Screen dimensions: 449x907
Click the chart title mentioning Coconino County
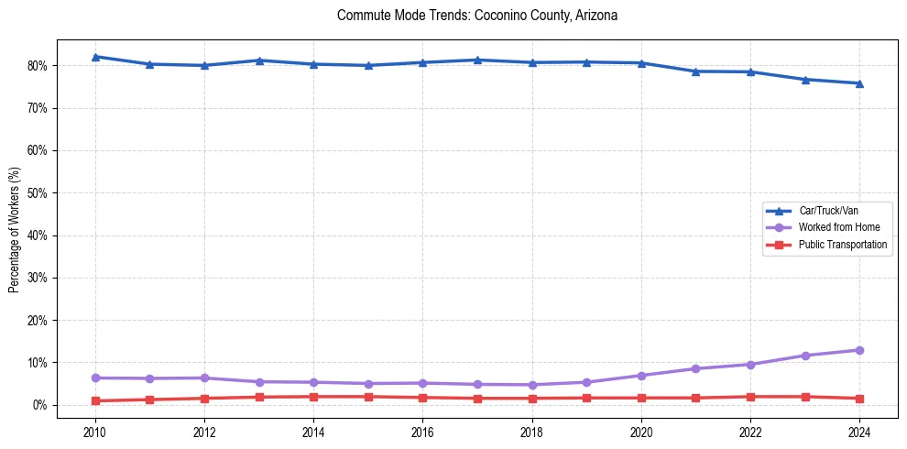pyautogui.click(x=476, y=16)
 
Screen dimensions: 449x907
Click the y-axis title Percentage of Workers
pyautogui.click(x=15, y=229)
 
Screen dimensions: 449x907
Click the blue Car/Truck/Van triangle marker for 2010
pyautogui.click(x=95, y=57)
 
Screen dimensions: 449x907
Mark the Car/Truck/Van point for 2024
pyautogui.click(x=859, y=83)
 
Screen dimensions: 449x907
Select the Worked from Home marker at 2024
pyautogui.click(x=859, y=350)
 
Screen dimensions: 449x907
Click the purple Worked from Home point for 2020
pyautogui.click(x=641, y=376)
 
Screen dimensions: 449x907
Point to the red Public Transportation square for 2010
pyautogui.click(x=95, y=400)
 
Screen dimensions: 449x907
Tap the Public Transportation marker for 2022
pyautogui.click(x=750, y=397)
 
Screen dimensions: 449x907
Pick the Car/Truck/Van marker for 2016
pyautogui.click(x=422, y=62)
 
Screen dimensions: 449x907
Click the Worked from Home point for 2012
pyautogui.click(x=204, y=378)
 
